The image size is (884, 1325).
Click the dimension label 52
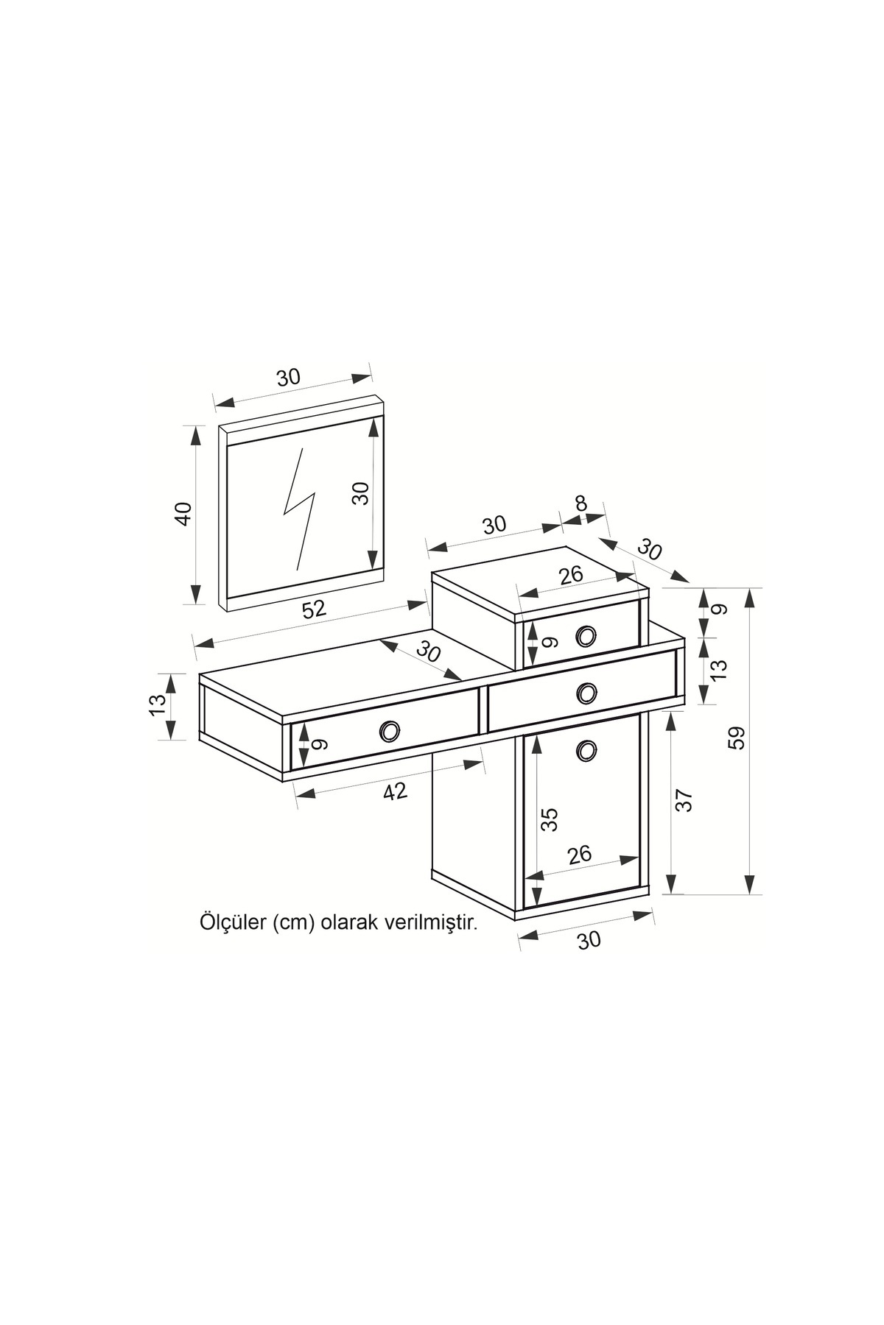point(314,609)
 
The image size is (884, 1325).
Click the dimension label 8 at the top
point(581,504)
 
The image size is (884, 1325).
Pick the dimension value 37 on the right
point(684,800)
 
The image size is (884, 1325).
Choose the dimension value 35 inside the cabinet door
point(550,819)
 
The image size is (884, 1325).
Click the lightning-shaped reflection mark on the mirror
point(300,508)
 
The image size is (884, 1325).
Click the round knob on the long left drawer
point(390,731)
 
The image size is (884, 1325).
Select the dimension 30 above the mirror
point(289,378)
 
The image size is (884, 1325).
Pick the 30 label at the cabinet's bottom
point(589,940)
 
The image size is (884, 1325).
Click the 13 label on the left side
point(158,704)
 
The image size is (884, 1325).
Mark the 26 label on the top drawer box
point(571,574)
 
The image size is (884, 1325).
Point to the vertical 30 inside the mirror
point(360,493)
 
